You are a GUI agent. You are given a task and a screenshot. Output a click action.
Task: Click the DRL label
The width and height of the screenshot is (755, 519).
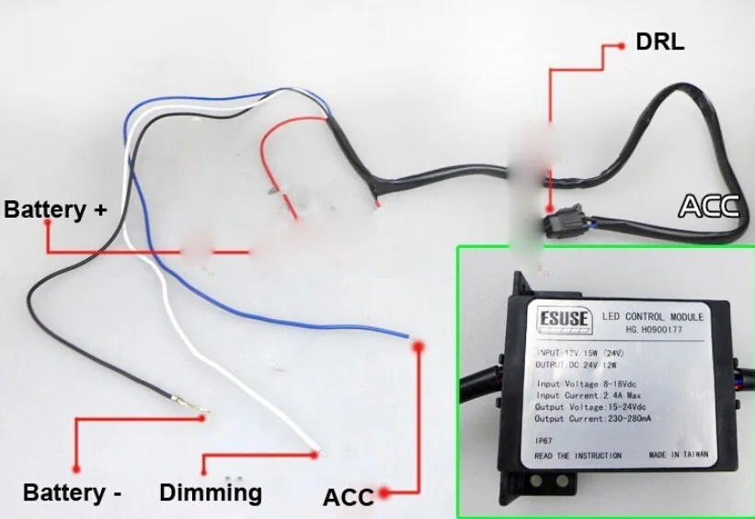point(659,42)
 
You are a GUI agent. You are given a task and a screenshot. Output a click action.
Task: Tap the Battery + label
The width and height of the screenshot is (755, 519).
point(55,209)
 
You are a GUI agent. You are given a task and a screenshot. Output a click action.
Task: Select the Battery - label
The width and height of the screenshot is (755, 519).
point(73,492)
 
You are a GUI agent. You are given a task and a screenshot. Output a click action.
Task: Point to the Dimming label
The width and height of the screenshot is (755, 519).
point(211,492)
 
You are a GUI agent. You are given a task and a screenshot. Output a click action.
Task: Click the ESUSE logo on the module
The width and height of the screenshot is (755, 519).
point(560,320)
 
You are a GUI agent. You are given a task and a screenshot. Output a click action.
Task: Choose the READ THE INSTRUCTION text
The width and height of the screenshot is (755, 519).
point(578,456)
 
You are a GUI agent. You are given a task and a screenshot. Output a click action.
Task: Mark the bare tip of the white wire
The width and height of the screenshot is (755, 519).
point(315,451)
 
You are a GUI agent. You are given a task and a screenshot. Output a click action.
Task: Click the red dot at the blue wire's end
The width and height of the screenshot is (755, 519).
point(418,347)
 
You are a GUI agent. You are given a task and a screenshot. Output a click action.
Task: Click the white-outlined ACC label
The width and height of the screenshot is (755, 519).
point(708,206)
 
